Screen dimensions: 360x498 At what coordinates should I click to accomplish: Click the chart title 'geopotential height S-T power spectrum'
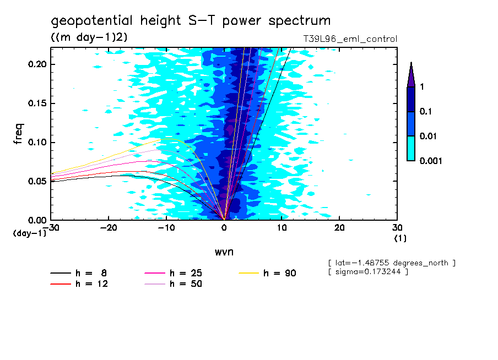[x=191, y=21]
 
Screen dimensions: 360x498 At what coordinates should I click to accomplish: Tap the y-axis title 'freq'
[x=19, y=134]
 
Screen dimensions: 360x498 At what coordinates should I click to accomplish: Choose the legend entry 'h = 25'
[x=185, y=273]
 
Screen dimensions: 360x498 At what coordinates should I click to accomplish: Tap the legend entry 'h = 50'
[x=185, y=284]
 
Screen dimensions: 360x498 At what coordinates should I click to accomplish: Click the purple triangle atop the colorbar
[x=411, y=75]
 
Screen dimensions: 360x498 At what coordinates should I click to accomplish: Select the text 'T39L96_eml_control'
[x=347, y=39]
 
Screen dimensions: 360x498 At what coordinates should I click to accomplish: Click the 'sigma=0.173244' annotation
[x=368, y=272]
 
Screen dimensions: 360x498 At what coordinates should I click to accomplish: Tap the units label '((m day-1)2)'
[x=89, y=37]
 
